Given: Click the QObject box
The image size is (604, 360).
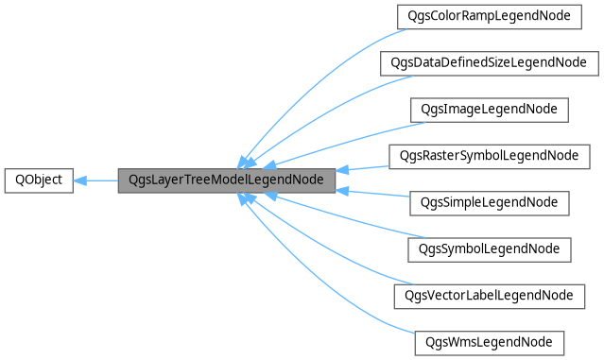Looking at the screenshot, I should [x=39, y=180].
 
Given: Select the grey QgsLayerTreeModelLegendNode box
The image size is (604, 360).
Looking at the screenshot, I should [x=227, y=180].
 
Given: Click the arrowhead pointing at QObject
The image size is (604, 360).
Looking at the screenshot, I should [x=80, y=180].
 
